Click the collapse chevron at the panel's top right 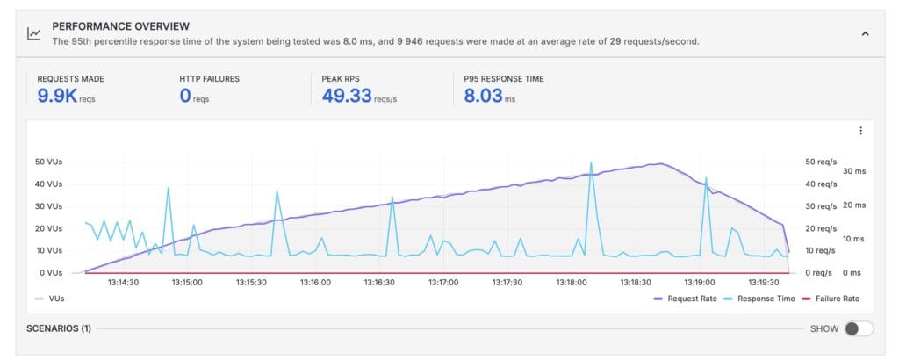pyautogui.click(x=865, y=33)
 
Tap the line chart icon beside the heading pyautogui.click(x=33, y=33)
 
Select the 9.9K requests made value pyautogui.click(x=57, y=96)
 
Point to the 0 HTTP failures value pyautogui.click(x=185, y=96)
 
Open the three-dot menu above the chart pyautogui.click(x=860, y=131)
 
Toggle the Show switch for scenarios pyautogui.click(x=858, y=328)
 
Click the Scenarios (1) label pyautogui.click(x=59, y=328)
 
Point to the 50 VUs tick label pyautogui.click(x=48, y=162)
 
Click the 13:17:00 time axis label pyautogui.click(x=443, y=283)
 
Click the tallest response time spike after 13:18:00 pyautogui.click(x=591, y=162)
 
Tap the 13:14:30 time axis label pyautogui.click(x=123, y=283)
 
